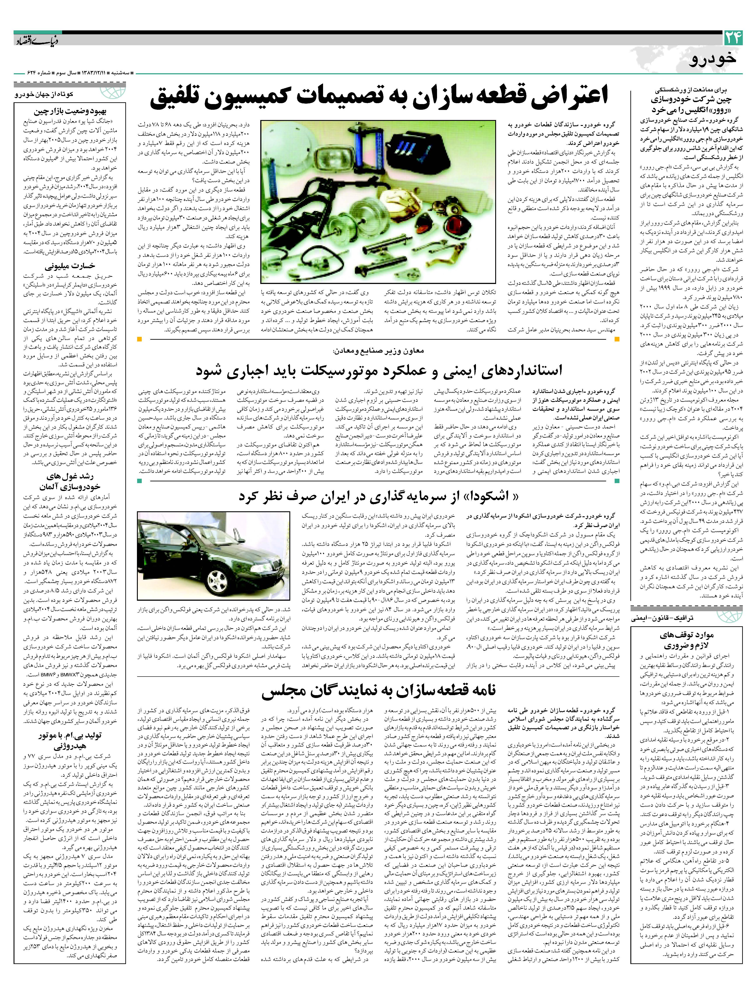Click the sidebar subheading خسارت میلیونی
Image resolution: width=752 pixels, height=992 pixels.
click(70, 265)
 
